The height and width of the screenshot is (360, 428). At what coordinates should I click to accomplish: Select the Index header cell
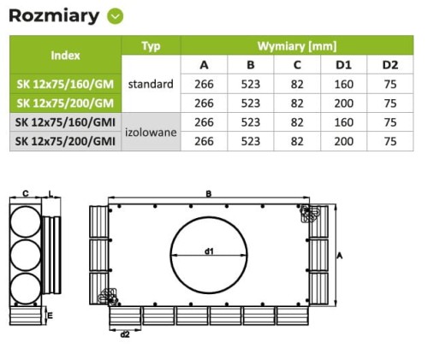tap(66, 55)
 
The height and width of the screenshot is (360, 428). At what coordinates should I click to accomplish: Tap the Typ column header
tap(151, 45)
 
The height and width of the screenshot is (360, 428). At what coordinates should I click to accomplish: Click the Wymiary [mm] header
tap(296, 45)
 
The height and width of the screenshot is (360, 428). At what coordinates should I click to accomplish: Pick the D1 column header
tap(343, 65)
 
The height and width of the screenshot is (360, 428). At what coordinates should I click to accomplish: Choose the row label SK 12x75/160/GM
tap(66, 84)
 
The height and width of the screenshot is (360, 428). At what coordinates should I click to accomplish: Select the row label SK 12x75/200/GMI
tap(66, 140)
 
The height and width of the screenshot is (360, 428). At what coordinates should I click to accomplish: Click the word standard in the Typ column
tap(151, 84)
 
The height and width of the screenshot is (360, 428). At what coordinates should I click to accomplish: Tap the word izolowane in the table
tap(151, 134)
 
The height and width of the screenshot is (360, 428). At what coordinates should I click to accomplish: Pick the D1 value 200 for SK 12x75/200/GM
tap(343, 103)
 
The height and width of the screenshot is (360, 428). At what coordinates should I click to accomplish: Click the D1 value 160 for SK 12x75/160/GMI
tap(343, 121)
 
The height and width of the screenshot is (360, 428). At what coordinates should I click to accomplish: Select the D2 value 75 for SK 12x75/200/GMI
tap(390, 140)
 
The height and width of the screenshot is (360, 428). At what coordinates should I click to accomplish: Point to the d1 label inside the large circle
tap(208, 251)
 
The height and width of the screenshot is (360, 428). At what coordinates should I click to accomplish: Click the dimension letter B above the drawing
tap(208, 193)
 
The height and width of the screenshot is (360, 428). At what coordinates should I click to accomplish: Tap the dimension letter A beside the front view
tap(340, 256)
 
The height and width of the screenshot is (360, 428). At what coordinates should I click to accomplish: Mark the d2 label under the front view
tap(125, 333)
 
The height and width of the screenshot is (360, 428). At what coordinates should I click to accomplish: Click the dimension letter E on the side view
tap(51, 316)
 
